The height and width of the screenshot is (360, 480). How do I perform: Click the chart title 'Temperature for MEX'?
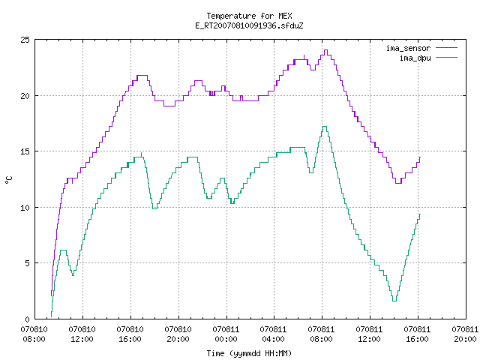pyautogui.click(x=249, y=16)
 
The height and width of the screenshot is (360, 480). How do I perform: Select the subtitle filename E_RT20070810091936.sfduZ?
pyautogui.click(x=249, y=25)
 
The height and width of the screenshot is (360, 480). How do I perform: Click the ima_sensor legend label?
pyautogui.click(x=408, y=48)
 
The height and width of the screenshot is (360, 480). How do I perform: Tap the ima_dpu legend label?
pyautogui.click(x=415, y=58)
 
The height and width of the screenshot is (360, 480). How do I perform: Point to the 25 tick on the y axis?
pyautogui.click(x=25, y=40)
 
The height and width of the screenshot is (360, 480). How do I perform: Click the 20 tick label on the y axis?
pyautogui.click(x=25, y=96)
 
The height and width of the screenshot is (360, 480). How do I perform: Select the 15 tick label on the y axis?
pyautogui.click(x=25, y=151)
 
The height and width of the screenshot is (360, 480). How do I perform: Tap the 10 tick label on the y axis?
pyautogui.click(x=25, y=208)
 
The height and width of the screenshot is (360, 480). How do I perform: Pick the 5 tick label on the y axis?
pyautogui.click(x=28, y=263)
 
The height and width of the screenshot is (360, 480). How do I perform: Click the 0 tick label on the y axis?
pyautogui.click(x=28, y=319)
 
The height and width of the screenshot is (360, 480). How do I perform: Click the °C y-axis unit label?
pyautogui.click(x=8, y=180)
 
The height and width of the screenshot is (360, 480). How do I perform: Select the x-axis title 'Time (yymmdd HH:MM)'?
pyautogui.click(x=249, y=353)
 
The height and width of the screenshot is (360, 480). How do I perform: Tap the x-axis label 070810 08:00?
pyautogui.click(x=34, y=334)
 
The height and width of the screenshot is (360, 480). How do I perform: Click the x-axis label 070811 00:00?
pyautogui.click(x=226, y=334)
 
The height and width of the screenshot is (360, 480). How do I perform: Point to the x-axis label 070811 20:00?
pyautogui.click(x=465, y=334)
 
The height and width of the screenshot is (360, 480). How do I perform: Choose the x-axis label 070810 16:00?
pyautogui.click(x=130, y=334)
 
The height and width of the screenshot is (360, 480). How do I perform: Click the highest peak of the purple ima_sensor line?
pyautogui.click(x=325, y=50)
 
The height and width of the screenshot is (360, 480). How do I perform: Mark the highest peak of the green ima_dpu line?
pyautogui.click(x=325, y=127)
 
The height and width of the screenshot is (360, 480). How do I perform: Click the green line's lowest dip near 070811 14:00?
pyautogui.click(x=394, y=301)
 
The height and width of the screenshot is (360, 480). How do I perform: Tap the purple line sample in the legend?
pyautogui.click(x=447, y=48)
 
